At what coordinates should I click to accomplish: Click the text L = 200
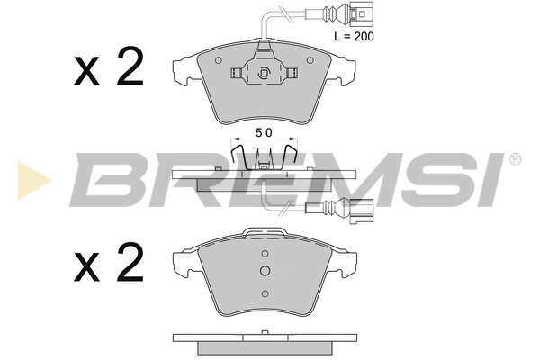354,37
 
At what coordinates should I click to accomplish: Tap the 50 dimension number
263,131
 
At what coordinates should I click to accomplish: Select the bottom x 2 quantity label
108,263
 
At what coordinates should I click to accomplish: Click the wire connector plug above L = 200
357,13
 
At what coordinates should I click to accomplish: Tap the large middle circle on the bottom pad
265,273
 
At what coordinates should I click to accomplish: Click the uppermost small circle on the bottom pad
265,253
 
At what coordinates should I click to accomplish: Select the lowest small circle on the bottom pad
265,292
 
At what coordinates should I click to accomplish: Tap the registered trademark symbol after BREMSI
515,160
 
